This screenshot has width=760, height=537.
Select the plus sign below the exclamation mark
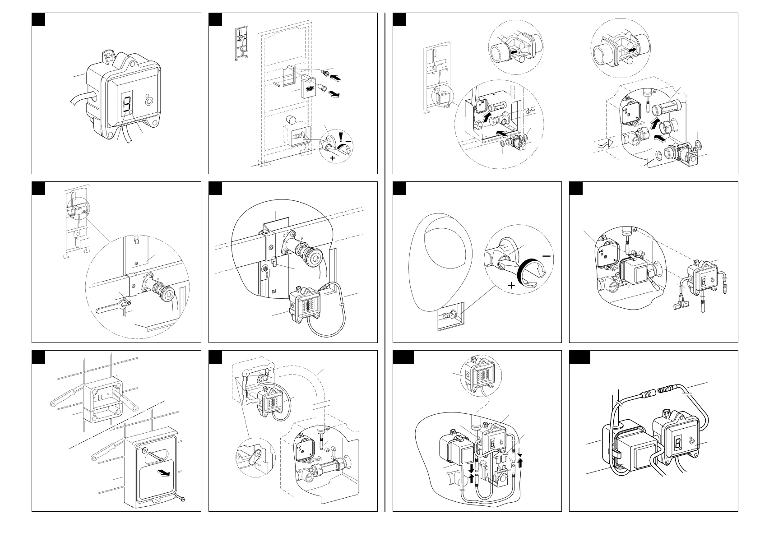333,158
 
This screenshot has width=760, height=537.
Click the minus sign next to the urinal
547,256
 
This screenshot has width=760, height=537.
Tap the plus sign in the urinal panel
511,285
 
